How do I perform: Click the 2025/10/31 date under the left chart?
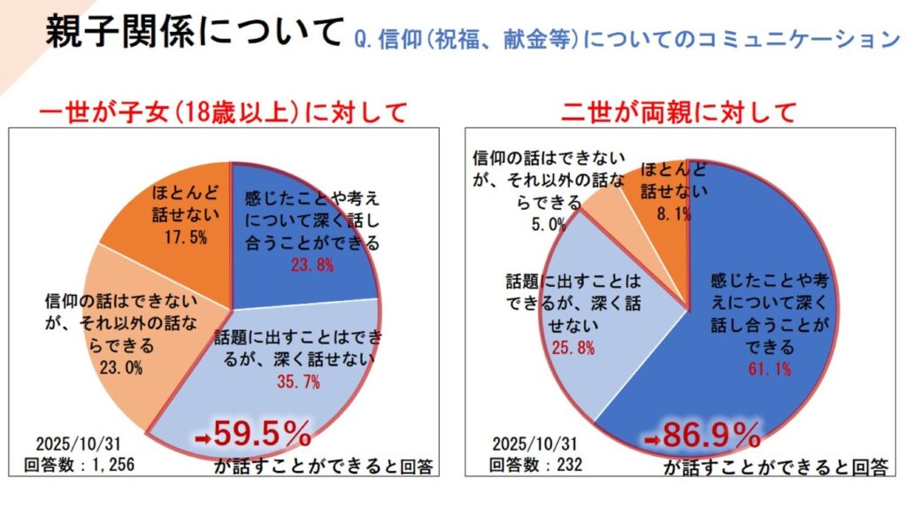78,444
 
